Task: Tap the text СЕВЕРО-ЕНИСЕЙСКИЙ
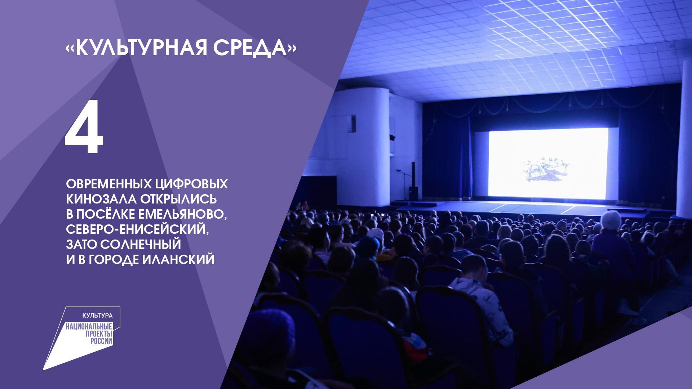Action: (137, 229)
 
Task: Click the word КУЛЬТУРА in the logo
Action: (97, 316)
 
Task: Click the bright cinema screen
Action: (548, 164)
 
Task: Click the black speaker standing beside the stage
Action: (414, 195)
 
